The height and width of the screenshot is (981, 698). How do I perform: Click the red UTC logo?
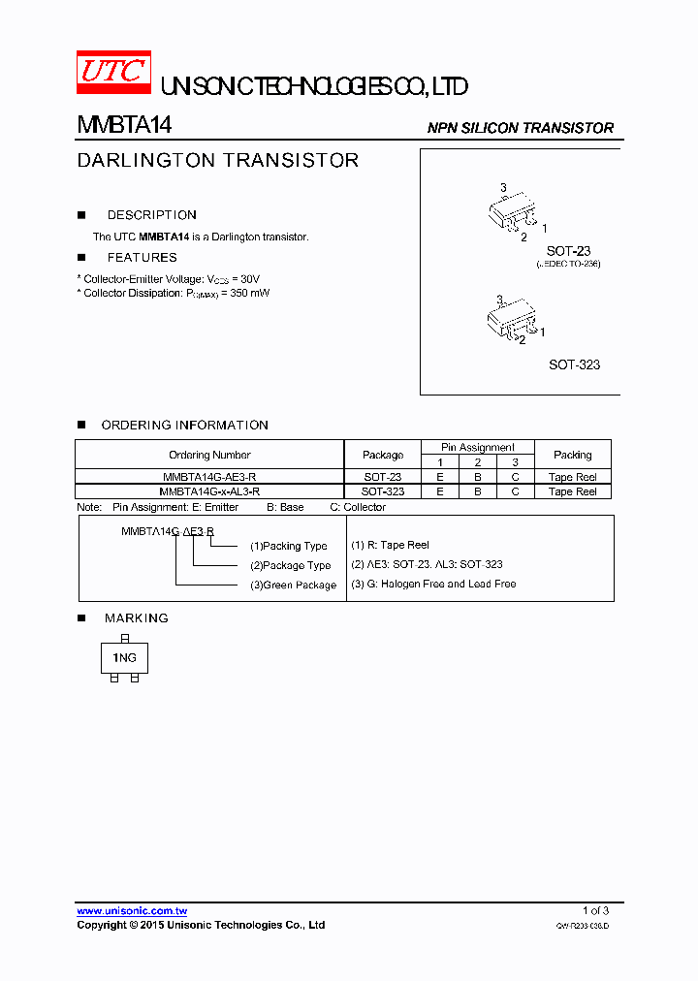[114, 73]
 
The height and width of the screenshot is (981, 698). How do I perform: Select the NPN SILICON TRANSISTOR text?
[520, 128]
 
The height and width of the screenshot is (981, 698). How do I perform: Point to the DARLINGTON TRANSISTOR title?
[218, 160]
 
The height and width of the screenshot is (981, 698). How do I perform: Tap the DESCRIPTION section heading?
[152, 215]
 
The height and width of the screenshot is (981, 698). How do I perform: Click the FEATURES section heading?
[143, 258]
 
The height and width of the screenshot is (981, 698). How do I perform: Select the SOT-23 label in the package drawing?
[568, 251]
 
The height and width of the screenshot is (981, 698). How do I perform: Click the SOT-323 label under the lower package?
[574, 364]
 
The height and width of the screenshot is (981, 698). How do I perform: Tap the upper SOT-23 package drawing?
[511, 210]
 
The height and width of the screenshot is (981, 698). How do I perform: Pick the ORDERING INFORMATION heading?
[185, 425]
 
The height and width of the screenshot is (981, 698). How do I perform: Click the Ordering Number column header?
[209, 455]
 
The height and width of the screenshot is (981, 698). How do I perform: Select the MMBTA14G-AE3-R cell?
[209, 477]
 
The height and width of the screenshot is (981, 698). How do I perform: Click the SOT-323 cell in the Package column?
[383, 491]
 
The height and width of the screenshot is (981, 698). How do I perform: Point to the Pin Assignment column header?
[478, 447]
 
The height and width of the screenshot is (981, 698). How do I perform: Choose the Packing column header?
[572, 455]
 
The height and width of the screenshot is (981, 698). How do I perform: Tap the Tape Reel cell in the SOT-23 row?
[572, 477]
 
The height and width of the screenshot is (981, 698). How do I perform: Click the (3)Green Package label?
[294, 585]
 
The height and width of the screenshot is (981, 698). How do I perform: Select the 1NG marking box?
[125, 657]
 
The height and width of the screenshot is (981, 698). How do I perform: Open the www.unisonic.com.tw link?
[132, 910]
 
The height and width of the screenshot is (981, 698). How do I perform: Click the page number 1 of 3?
[595, 910]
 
